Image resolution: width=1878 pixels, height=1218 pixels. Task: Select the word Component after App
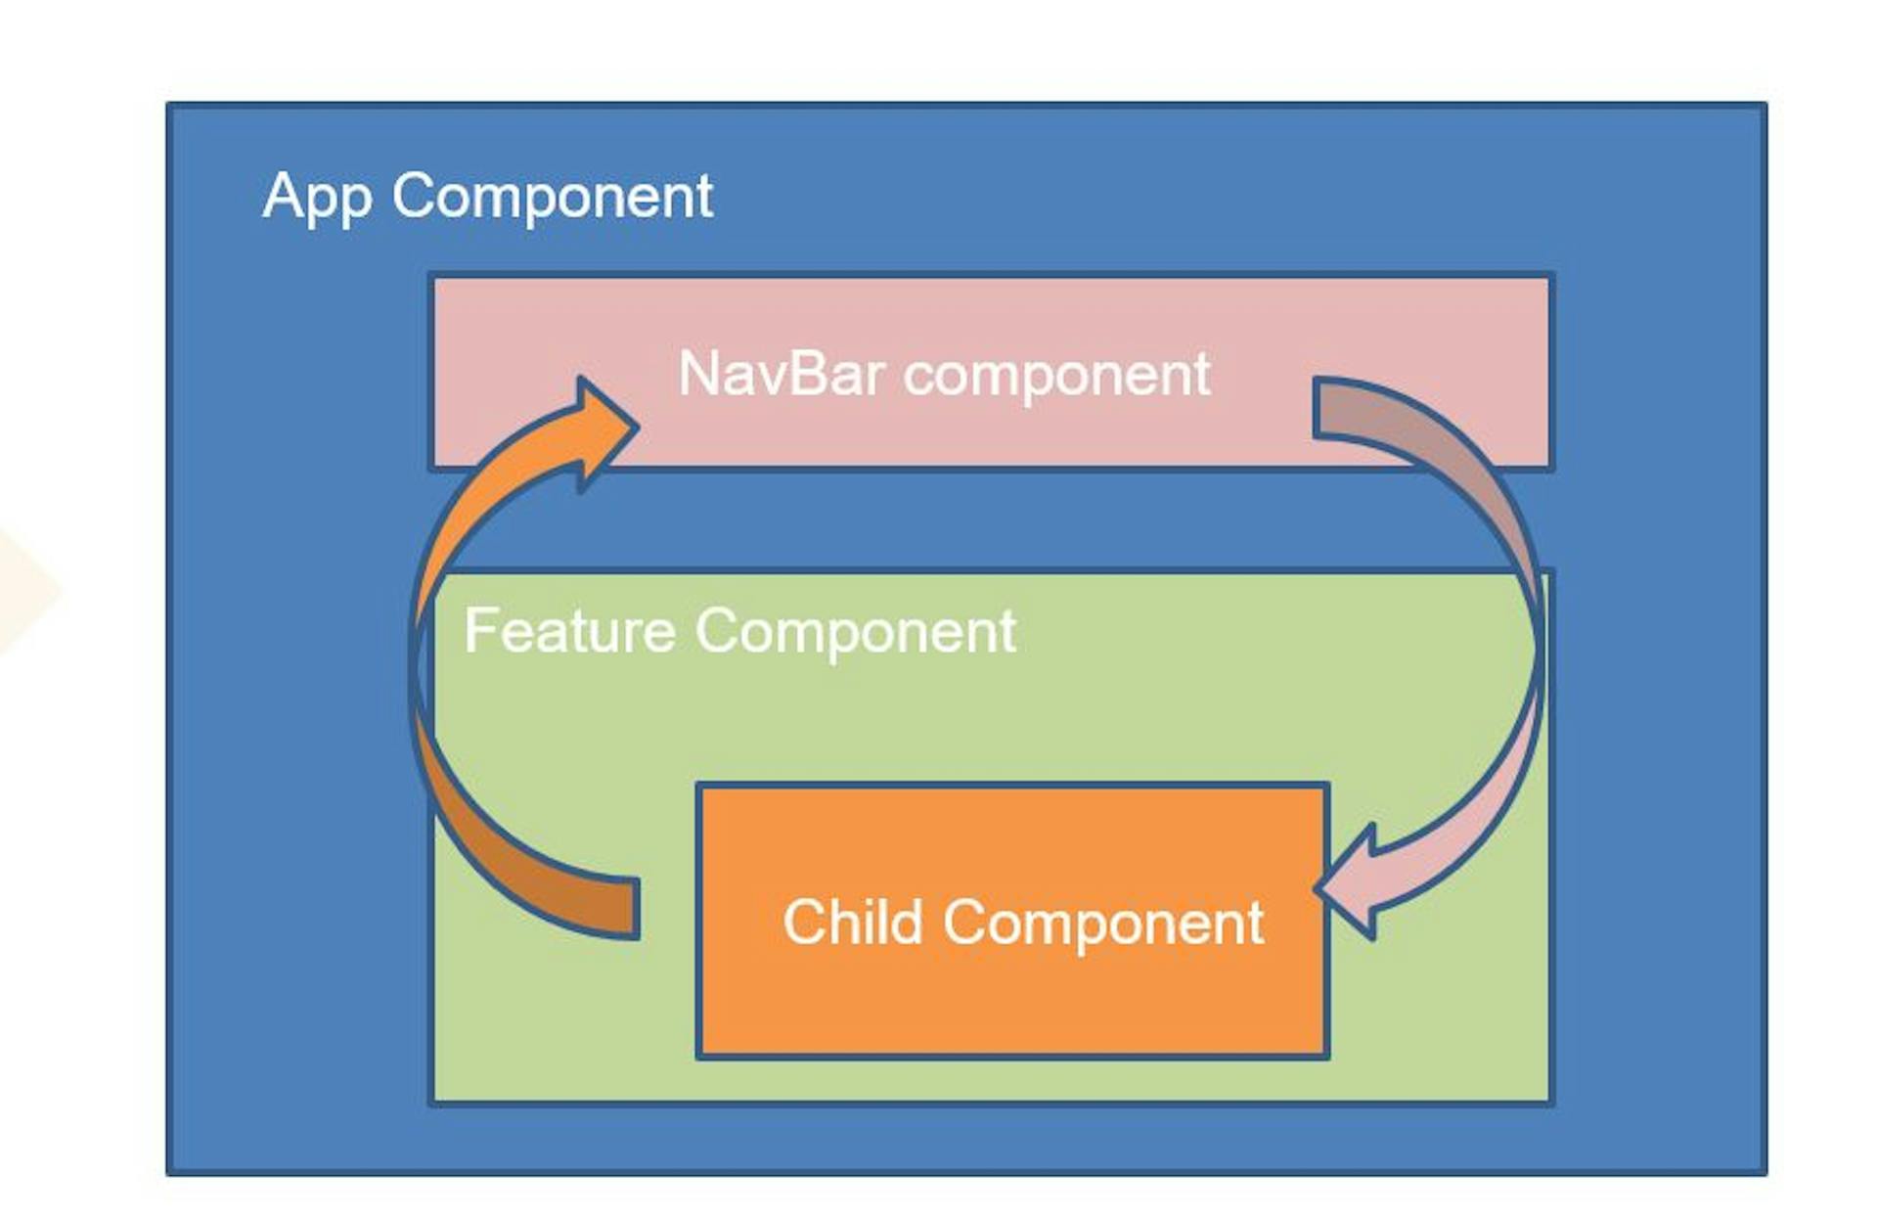(x=553, y=196)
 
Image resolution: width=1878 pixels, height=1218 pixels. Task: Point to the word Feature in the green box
(x=569, y=630)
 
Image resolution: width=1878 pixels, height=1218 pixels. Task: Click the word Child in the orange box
(x=853, y=922)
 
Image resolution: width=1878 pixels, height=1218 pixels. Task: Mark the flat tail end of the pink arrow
(x=1316, y=407)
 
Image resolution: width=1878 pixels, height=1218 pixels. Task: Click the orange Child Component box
(x=1012, y=921)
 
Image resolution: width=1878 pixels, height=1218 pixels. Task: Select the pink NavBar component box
(x=991, y=372)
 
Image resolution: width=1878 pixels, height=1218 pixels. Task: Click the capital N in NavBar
(x=697, y=374)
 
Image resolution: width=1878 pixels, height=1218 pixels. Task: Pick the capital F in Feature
(x=479, y=630)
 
